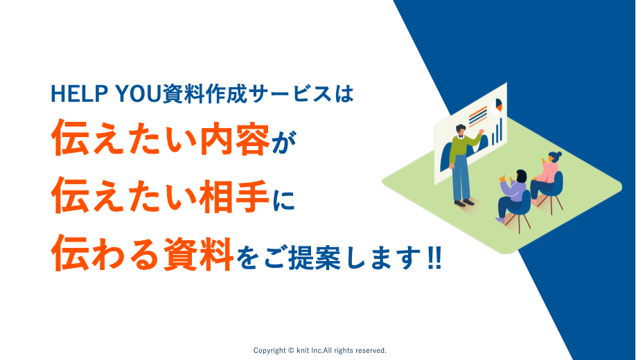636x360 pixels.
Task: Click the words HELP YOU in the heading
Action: pos(106,93)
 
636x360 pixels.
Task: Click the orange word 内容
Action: pos(236,138)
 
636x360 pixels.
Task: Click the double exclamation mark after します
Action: pos(434,258)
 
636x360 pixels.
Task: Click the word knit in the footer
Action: pos(303,350)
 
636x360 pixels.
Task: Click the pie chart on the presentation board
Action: pos(497,105)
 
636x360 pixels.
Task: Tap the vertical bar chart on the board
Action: pos(497,132)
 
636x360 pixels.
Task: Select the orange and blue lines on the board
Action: pos(478,117)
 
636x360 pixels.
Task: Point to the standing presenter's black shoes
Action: pos(464,203)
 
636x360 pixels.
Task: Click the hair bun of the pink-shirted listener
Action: pos(559,154)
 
